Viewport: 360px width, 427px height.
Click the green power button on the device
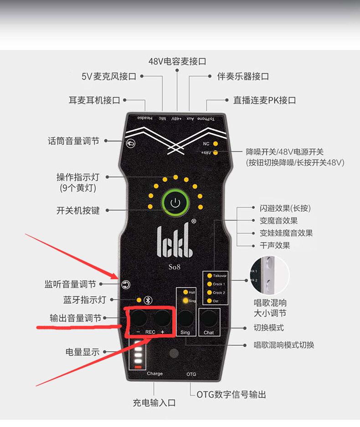tap(175, 203)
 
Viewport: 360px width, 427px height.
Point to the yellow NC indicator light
tap(215, 144)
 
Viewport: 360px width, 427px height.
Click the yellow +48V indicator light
tap(215, 153)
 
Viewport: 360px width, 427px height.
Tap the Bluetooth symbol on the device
tap(147, 300)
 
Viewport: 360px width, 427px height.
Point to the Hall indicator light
tap(185, 292)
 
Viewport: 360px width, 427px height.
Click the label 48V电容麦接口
tap(177, 61)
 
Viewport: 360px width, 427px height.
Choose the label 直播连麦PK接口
tap(264, 100)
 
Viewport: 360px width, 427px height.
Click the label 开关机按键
tap(78, 211)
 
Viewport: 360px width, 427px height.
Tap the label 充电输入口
tap(154, 402)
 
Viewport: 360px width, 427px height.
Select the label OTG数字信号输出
tap(231, 394)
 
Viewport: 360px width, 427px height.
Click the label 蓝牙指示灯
tap(84, 300)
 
